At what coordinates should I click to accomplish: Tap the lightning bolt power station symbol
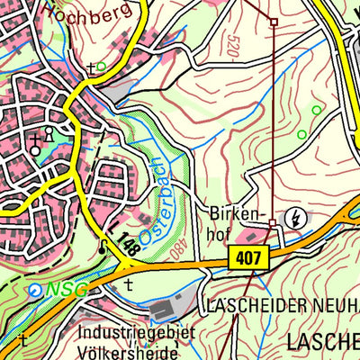pos(293,218)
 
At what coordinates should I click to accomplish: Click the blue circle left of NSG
pos(34,291)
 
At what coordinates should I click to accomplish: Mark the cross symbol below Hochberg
pos(91,67)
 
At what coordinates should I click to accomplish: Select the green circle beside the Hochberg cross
pos(101,66)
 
